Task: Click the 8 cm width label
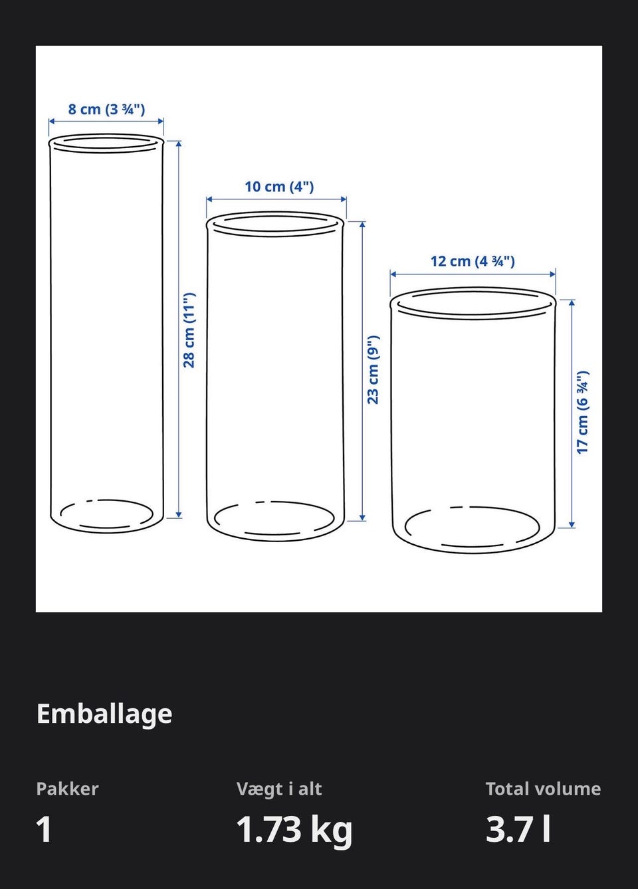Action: [x=106, y=109]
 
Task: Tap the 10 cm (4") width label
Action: [x=279, y=187]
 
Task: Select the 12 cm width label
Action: [x=473, y=261]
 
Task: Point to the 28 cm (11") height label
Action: [x=189, y=330]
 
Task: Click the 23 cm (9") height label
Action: [x=373, y=370]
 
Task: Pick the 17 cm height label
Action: [x=582, y=413]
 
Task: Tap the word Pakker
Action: [x=67, y=789]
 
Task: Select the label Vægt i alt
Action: [x=279, y=789]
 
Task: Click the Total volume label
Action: [x=543, y=789]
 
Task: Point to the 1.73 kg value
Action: [x=294, y=831]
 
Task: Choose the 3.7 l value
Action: [x=518, y=829]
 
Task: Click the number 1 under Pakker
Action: [x=44, y=829]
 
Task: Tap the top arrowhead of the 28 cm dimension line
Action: [x=179, y=144]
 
